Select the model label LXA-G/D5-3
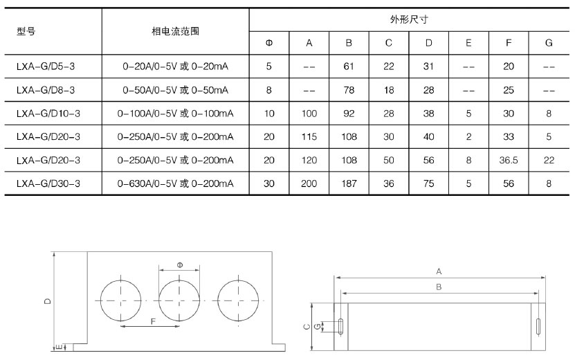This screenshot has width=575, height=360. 46,67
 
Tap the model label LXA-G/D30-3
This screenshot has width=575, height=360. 48,183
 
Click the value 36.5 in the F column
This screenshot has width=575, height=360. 509,160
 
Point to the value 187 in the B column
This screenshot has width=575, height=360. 349,183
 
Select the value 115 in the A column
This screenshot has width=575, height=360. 309,137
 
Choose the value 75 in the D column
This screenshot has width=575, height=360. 429,183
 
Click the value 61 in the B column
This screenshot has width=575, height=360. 349,67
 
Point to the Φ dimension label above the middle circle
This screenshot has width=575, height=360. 179,264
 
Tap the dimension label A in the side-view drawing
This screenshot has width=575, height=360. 439,271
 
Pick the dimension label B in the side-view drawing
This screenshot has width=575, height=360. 439,286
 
